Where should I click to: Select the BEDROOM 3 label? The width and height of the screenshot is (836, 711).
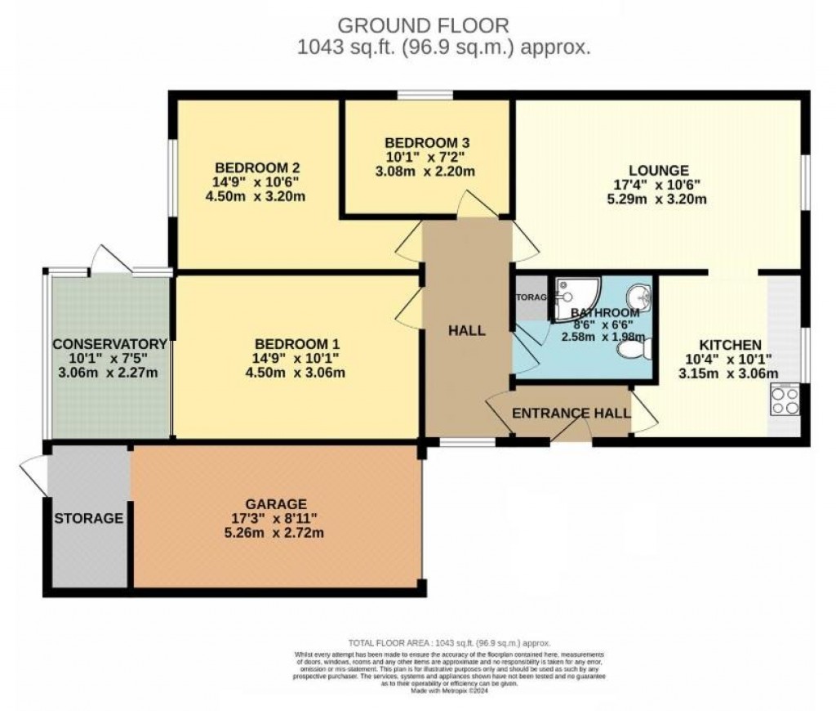tap(427, 142)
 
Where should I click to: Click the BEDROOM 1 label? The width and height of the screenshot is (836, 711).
tap(296, 343)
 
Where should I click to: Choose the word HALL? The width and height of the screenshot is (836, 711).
tap(466, 331)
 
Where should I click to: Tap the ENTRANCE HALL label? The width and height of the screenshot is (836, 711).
tap(571, 414)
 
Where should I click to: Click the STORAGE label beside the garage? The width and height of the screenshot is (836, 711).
tap(89, 518)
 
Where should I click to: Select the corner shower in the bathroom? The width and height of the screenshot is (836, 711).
tap(576, 297)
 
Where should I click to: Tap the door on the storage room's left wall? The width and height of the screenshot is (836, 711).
tap(33, 474)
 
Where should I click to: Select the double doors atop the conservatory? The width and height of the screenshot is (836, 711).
tap(110, 260)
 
